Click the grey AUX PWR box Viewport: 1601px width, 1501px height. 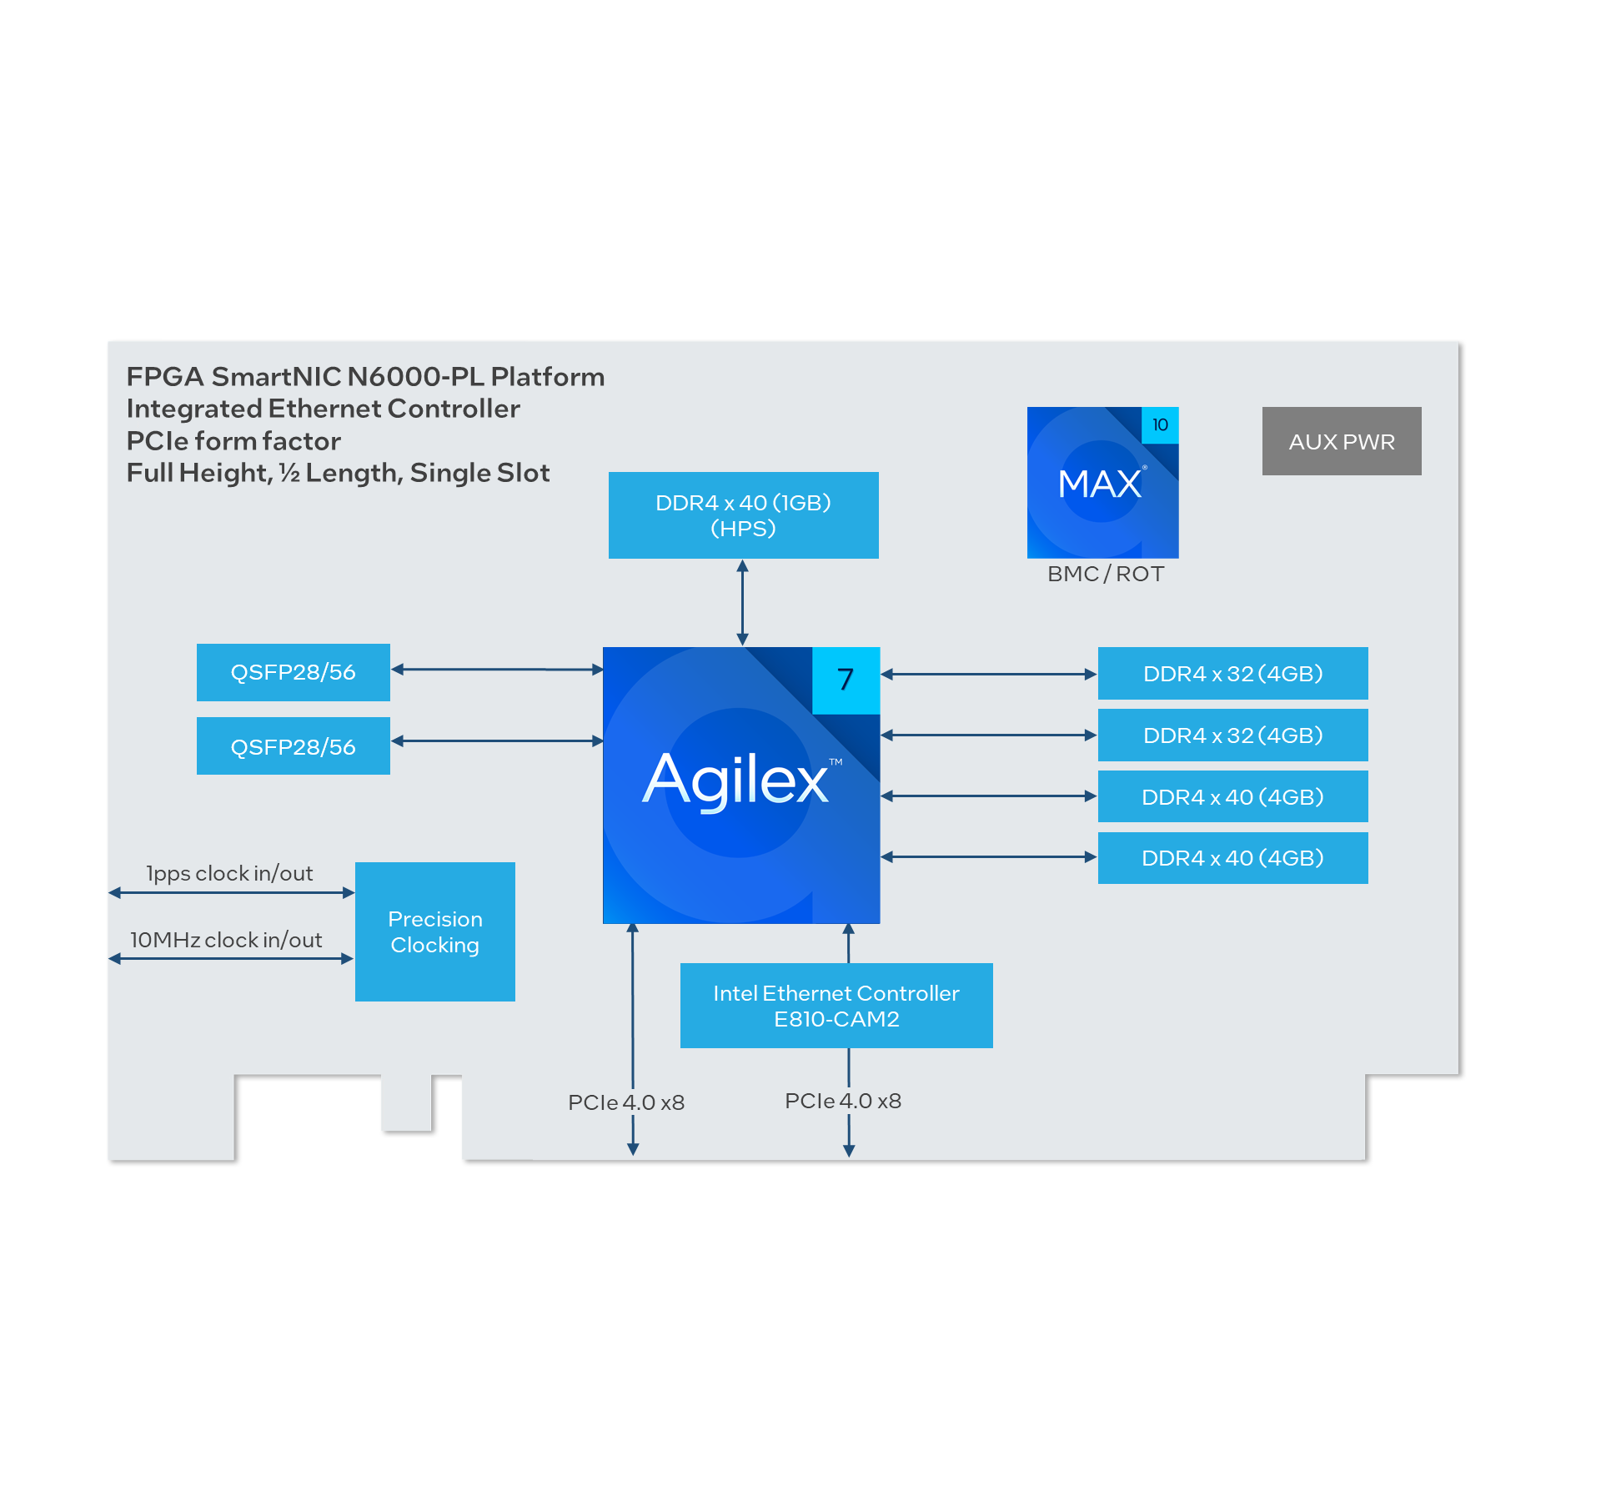pyautogui.click(x=1341, y=441)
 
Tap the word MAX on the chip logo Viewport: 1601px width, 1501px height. pyautogui.click(x=1099, y=484)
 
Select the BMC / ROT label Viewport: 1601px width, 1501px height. pyautogui.click(x=1105, y=574)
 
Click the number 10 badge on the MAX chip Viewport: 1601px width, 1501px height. pyautogui.click(x=1160, y=424)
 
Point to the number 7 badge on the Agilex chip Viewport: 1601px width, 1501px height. pyautogui.click(x=846, y=680)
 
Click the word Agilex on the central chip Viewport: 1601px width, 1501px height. pyautogui.click(x=735, y=780)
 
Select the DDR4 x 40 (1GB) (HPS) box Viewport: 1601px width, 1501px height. pyautogui.click(x=743, y=515)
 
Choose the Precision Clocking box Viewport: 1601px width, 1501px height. pyautogui.click(x=434, y=931)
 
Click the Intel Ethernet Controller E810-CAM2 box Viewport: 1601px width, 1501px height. pyautogui.click(x=836, y=1006)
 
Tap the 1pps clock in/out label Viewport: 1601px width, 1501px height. pyautogui.click(x=229, y=873)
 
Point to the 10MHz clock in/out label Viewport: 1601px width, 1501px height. pyautogui.click(x=226, y=940)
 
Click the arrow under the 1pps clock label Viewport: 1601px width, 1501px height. pyautogui.click(x=232, y=893)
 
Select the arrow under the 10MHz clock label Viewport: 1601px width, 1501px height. pyautogui.click(x=232, y=959)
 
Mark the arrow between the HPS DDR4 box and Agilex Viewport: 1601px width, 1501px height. pyautogui.click(x=742, y=602)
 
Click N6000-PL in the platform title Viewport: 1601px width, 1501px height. pyautogui.click(x=415, y=377)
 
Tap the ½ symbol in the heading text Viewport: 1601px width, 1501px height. pyautogui.click(x=289, y=473)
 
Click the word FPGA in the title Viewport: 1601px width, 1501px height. pyautogui.click(x=165, y=377)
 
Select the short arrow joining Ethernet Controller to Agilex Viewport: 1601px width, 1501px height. pyautogui.click(x=849, y=943)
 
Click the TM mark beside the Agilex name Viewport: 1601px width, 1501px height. pyautogui.click(x=836, y=761)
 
